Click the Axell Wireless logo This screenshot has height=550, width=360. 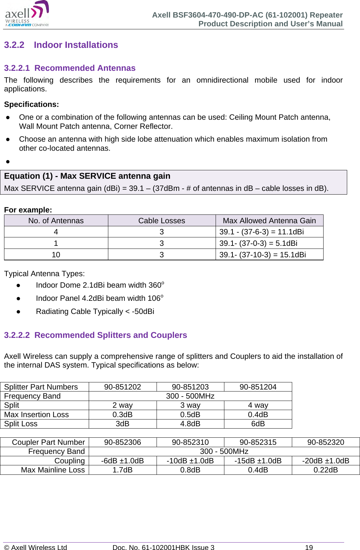click(27, 14)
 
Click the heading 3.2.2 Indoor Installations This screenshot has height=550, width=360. click(61, 45)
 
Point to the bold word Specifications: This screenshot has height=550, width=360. click(31, 105)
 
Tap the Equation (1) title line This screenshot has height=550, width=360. click(87, 176)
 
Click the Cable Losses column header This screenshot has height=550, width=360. click(162, 221)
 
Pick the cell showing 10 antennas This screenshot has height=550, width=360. click(56, 255)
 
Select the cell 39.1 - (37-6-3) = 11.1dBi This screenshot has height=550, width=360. click(261, 232)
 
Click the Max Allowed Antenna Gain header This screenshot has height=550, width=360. click(269, 221)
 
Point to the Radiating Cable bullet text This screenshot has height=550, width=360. click(95, 311)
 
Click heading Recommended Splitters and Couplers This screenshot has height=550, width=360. click(95, 335)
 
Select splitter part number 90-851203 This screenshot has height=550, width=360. click(190, 387)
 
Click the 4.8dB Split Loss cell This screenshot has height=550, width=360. click(190, 424)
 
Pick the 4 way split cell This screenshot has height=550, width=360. click(258, 405)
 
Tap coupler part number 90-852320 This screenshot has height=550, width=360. click(326, 442)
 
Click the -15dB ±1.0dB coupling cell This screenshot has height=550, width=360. click(258, 461)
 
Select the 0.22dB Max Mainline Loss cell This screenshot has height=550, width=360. click(326, 470)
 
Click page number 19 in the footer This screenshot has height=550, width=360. click(309, 547)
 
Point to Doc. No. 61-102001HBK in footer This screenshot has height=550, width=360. click(163, 547)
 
